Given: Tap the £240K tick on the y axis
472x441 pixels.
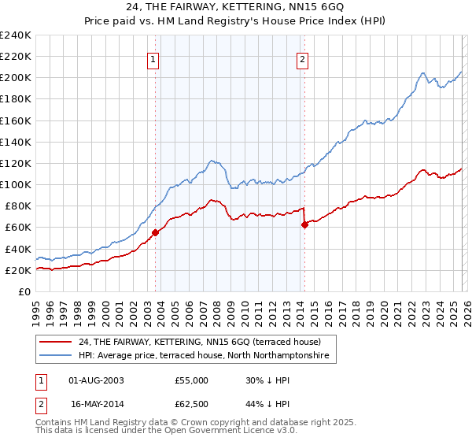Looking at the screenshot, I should point(16,35).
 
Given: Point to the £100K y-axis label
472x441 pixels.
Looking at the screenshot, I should point(16,184).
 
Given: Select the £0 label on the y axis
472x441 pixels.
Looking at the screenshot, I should point(24,291).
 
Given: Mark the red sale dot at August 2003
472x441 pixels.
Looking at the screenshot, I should point(155,232).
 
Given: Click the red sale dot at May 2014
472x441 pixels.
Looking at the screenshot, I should point(304,224).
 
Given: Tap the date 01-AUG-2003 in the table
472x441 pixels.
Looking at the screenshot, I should point(96,380).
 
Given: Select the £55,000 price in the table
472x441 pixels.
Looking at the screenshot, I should point(192,380).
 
